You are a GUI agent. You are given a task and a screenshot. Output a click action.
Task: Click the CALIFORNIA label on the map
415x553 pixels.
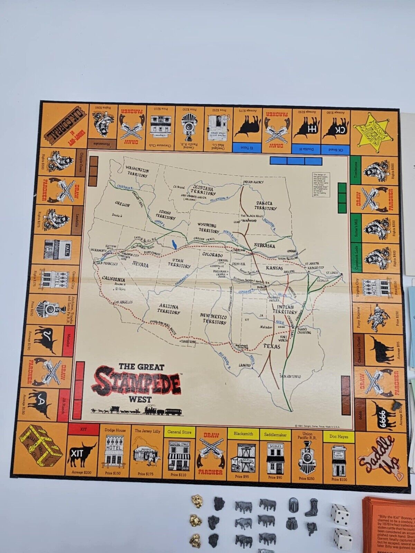pos(113,279)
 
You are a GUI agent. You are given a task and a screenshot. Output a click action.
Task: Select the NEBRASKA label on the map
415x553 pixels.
pos(265,245)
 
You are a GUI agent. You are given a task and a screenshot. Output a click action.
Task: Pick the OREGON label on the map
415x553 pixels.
pos(122,205)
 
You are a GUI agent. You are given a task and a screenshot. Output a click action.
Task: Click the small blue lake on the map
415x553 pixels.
pos(175,244)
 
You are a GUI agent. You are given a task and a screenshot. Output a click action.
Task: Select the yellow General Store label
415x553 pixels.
pos(179,432)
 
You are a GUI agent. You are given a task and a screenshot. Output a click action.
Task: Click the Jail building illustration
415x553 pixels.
pos(58,249)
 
